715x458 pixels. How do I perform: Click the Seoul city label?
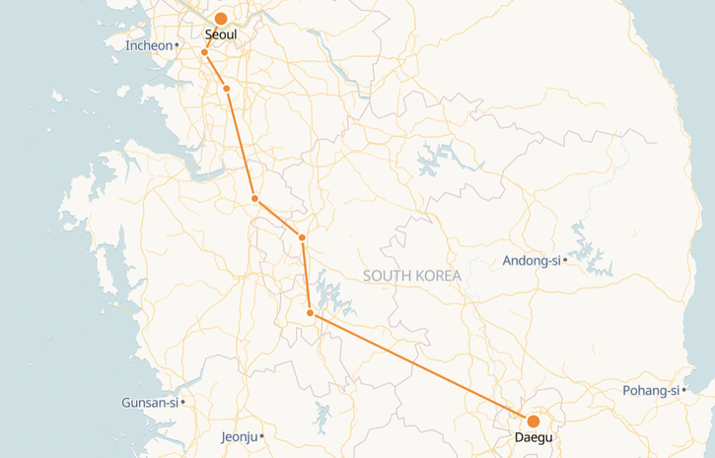click(x=221, y=34)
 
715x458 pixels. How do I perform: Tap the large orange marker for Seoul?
click(x=221, y=19)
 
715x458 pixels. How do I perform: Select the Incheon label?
click(x=149, y=45)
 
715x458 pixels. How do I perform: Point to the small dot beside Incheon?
click(x=177, y=45)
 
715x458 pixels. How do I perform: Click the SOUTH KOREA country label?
click(x=411, y=276)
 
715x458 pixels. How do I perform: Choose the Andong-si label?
click(x=531, y=261)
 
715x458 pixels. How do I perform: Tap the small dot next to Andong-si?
click(x=564, y=261)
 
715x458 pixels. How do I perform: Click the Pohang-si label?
click(x=651, y=391)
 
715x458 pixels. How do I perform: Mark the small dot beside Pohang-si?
click(x=683, y=391)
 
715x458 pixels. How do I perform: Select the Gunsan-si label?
click(x=149, y=403)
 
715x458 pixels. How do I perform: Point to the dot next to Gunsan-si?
click(x=183, y=402)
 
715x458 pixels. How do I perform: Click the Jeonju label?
click(x=240, y=436)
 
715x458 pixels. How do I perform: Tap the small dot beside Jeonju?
click(x=262, y=436)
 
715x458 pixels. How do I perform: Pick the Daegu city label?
click(x=533, y=438)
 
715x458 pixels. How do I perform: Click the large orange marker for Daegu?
click(x=534, y=422)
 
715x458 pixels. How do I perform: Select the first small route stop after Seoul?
click(x=204, y=52)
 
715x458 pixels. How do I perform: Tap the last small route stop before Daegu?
click(x=311, y=313)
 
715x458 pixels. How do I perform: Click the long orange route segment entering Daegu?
click(x=422, y=367)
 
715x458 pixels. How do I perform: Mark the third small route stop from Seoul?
click(x=254, y=199)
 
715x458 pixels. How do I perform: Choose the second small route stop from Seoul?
click(x=227, y=89)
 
